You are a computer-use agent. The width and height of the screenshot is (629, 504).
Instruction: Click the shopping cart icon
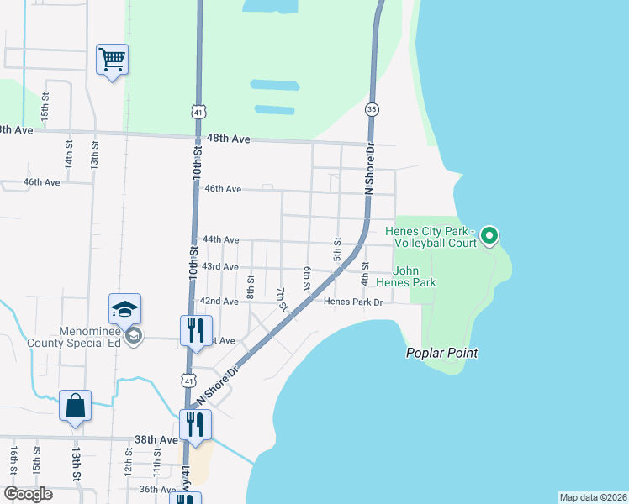click(x=112, y=60)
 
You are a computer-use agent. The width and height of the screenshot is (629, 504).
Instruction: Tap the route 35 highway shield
click(x=372, y=109)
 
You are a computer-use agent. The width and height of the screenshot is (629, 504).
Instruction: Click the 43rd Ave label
click(x=219, y=267)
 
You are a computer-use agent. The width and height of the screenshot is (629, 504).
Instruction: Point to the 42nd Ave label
click(x=214, y=301)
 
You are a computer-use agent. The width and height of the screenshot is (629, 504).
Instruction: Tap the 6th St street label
click(x=308, y=275)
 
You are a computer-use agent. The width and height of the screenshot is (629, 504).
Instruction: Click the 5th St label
click(x=336, y=249)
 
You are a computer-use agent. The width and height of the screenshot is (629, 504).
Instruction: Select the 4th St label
click(x=365, y=272)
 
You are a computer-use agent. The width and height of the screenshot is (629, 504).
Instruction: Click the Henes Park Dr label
click(x=353, y=302)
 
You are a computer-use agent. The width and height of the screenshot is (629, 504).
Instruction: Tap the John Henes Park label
click(x=415, y=276)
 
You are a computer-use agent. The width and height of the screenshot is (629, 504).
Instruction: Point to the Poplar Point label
click(x=443, y=354)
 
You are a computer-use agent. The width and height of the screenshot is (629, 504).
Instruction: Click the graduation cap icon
click(x=124, y=310)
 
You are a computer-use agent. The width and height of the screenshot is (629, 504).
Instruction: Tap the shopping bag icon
click(x=76, y=407)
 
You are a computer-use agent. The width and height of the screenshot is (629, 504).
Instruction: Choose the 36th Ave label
click(x=157, y=489)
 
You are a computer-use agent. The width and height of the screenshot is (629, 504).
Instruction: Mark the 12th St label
click(x=129, y=463)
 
